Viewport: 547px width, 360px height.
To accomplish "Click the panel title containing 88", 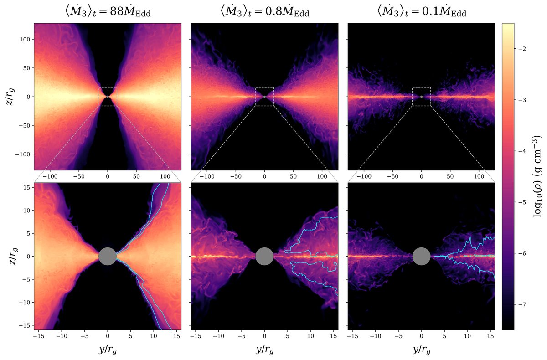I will click(108, 12).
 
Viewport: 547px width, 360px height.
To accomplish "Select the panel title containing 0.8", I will click(264, 12).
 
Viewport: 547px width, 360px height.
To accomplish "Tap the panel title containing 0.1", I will click(421, 12).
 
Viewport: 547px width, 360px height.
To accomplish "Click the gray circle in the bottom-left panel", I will click(108, 256).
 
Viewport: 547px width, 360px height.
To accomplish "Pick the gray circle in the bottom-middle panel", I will click(264, 256).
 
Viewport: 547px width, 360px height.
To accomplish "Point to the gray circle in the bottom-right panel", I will click(421, 256).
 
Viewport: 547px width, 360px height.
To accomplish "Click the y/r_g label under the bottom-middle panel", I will click(264, 350).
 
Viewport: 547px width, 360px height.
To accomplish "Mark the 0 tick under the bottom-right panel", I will click(421, 336).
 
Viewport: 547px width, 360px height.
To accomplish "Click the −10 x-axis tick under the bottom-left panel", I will click(61, 336).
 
